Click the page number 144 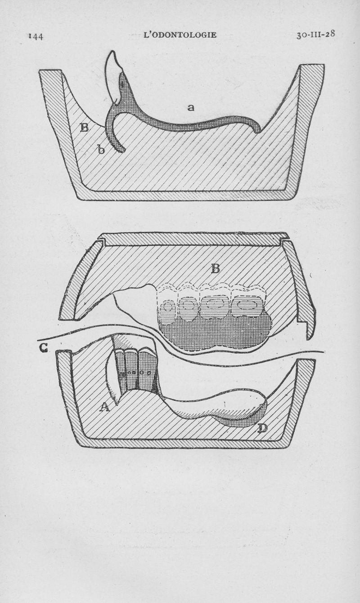[x=36, y=36]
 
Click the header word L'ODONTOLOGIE [x=180, y=35]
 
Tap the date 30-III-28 [x=315, y=35]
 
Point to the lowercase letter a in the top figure [x=190, y=108]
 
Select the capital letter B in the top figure [x=84, y=127]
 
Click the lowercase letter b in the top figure [x=101, y=149]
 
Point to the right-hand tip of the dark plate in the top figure [x=258, y=131]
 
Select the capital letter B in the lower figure [x=215, y=268]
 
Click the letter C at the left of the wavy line [x=44, y=349]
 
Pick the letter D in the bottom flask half [x=261, y=428]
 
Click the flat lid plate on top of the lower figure [x=193, y=240]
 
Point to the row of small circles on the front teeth [x=136, y=373]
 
